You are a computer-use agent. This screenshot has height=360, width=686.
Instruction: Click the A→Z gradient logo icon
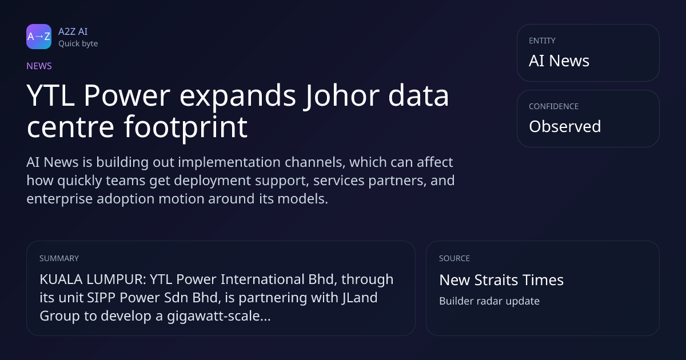(39, 37)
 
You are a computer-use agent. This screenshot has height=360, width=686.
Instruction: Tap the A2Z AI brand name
(73, 31)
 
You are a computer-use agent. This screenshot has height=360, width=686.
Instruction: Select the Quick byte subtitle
(78, 43)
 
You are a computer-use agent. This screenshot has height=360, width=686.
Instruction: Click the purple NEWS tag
(39, 66)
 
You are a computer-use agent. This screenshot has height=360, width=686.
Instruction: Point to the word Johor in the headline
(341, 95)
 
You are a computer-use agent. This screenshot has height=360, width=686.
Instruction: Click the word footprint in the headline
(186, 127)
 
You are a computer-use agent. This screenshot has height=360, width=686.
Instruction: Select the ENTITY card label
(542, 41)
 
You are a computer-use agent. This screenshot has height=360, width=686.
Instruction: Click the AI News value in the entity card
(559, 61)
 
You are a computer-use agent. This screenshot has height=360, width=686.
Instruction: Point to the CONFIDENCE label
(554, 106)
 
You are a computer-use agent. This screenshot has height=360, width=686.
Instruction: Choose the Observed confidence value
(565, 126)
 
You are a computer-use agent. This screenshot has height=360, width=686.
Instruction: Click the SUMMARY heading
(59, 258)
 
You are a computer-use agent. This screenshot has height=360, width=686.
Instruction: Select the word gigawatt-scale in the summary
(218, 316)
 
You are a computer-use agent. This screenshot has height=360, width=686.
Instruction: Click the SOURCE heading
(454, 258)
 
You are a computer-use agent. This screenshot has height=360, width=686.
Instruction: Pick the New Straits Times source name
(501, 280)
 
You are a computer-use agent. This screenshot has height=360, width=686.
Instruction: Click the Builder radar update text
(489, 301)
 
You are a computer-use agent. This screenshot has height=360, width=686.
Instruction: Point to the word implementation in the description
(229, 162)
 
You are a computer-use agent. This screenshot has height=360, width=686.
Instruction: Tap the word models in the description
(302, 199)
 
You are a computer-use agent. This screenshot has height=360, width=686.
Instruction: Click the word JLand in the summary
(360, 298)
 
